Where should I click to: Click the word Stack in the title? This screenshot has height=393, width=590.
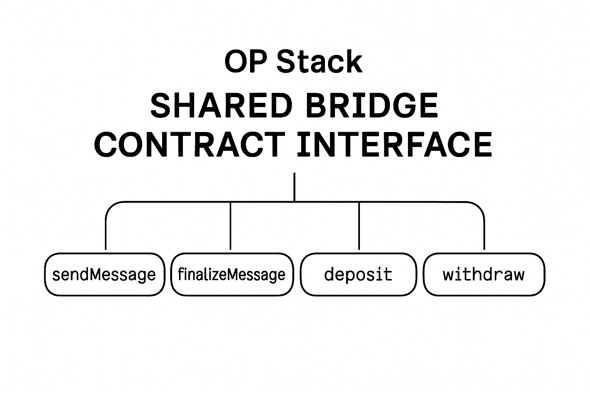pyautogui.click(x=319, y=62)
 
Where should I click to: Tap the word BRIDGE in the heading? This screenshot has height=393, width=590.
pyautogui.click(x=372, y=106)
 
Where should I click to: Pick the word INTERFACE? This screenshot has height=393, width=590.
pyautogui.click(x=394, y=144)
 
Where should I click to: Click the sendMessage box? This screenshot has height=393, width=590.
pyautogui.click(x=104, y=274)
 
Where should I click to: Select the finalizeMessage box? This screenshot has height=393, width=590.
pyautogui.click(x=232, y=274)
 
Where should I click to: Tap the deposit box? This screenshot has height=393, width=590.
pyautogui.click(x=358, y=274)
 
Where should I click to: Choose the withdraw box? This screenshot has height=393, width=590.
pyautogui.click(x=484, y=274)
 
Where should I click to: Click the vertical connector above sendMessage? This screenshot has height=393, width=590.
pyautogui.click(x=106, y=234)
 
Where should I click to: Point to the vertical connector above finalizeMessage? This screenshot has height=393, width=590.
pyautogui.click(x=230, y=226)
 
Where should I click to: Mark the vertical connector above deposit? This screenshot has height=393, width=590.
pyautogui.click(x=359, y=226)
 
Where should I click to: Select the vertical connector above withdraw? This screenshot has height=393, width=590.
pyautogui.click(x=484, y=234)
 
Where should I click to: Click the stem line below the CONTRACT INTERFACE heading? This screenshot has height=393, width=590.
pyautogui.click(x=294, y=187)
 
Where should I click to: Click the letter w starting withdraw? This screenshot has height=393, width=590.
pyautogui.click(x=449, y=275)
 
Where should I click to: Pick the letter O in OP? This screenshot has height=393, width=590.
pyautogui.click(x=235, y=62)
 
